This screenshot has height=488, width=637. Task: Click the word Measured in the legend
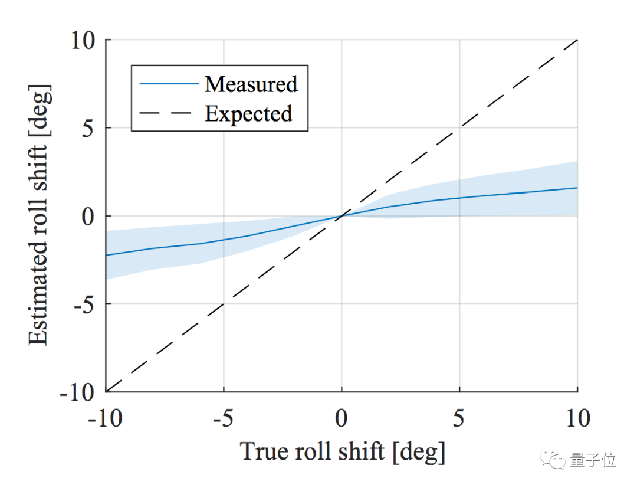(251, 84)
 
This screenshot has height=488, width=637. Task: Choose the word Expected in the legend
(249, 113)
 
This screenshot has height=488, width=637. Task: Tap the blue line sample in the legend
(169, 84)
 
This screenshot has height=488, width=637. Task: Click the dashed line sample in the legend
(169, 113)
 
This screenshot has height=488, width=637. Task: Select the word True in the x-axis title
(265, 453)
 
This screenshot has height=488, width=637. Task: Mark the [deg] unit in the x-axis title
(418, 453)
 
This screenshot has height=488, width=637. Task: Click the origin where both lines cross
(342, 216)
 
